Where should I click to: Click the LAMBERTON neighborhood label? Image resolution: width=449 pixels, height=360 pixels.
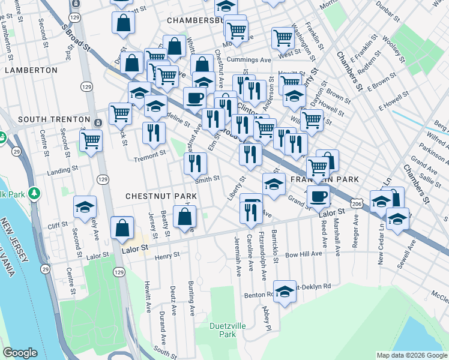31,70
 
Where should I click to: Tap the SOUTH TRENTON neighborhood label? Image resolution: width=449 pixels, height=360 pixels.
45,120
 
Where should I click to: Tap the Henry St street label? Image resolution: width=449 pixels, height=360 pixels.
167,256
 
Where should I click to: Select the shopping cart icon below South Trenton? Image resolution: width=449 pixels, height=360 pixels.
91,141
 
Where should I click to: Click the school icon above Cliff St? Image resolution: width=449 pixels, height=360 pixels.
85,206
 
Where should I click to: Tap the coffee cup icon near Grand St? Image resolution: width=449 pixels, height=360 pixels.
318,195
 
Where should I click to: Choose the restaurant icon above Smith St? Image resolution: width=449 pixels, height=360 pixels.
195,162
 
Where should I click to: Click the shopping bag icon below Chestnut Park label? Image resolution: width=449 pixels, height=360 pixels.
184,217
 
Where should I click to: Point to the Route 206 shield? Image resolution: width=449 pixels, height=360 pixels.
357,205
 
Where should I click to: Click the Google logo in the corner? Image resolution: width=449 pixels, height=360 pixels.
20,353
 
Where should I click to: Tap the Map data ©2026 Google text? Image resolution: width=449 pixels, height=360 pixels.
411,355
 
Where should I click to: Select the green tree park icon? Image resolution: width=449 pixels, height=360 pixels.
35,193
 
